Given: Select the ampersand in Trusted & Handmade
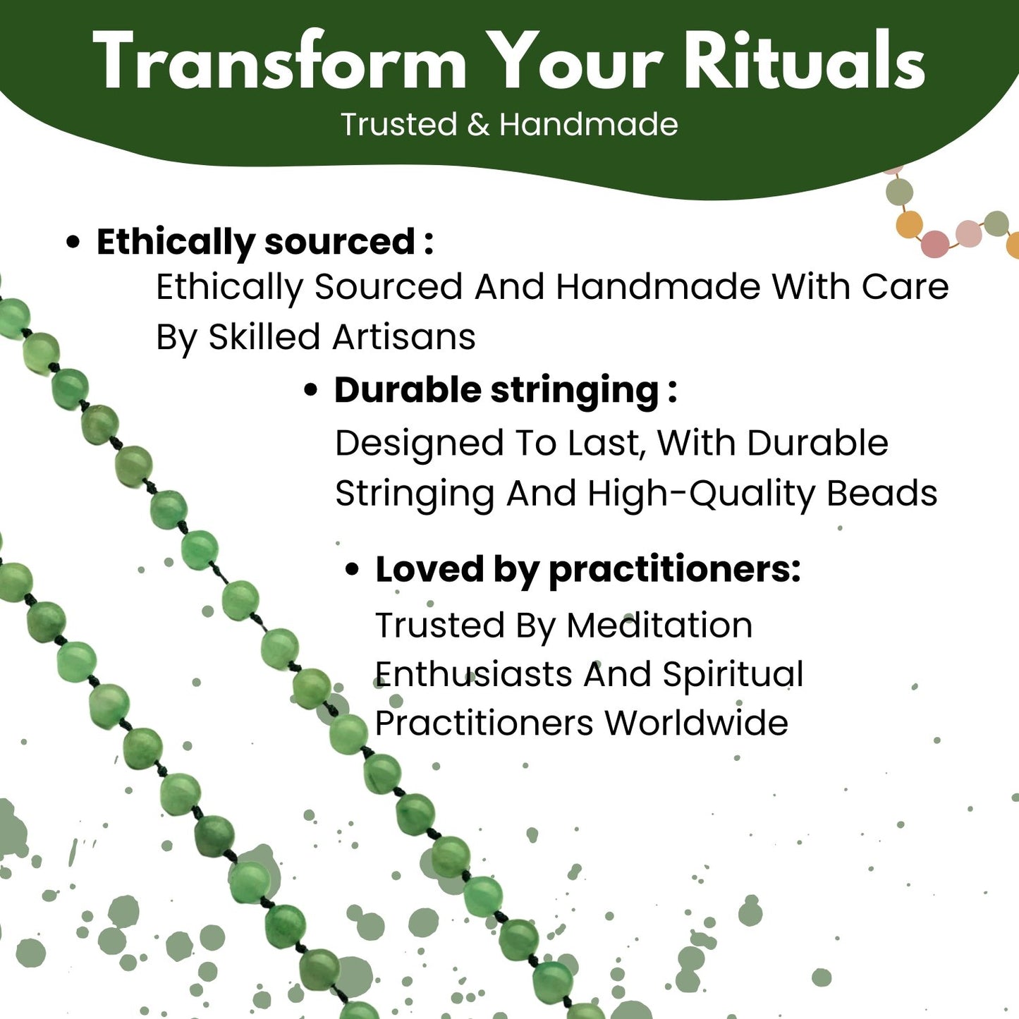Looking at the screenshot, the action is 478,125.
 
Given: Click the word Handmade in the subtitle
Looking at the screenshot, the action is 589,124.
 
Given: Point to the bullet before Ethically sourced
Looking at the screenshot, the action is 73,243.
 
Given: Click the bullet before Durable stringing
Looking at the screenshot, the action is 311,391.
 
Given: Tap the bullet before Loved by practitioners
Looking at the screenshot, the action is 352,570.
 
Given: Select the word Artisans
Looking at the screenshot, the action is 403,337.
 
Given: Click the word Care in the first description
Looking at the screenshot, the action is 905,287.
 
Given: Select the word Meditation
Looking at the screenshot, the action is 659,625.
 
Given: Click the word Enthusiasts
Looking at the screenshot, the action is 473,674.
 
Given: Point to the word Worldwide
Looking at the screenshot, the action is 697,723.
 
